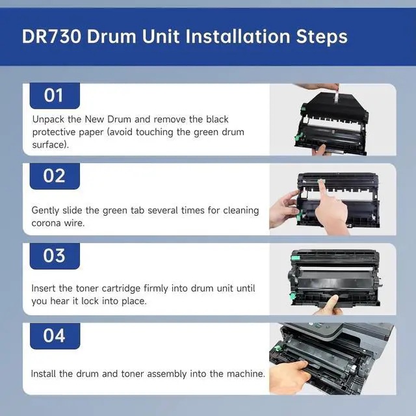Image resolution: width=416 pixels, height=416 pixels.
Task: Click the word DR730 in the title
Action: (x=51, y=36)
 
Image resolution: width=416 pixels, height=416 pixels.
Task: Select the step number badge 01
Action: (x=55, y=96)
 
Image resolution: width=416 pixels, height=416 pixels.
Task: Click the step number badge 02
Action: (x=55, y=176)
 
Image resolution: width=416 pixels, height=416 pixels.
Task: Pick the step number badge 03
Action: (x=55, y=255)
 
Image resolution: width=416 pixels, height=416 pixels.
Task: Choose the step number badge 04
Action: (x=55, y=335)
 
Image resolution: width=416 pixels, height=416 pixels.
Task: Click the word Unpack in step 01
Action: (x=48, y=120)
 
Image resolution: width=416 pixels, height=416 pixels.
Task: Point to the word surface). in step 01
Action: (x=51, y=145)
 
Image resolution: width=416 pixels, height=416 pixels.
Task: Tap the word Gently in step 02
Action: (x=45, y=211)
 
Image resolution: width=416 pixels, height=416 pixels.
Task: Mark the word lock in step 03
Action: (x=90, y=301)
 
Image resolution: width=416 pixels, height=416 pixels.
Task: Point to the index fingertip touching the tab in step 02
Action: (x=321, y=183)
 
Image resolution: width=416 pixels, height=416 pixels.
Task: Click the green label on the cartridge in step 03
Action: (x=295, y=258)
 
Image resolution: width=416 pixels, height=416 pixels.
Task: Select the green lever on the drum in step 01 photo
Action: (x=298, y=137)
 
